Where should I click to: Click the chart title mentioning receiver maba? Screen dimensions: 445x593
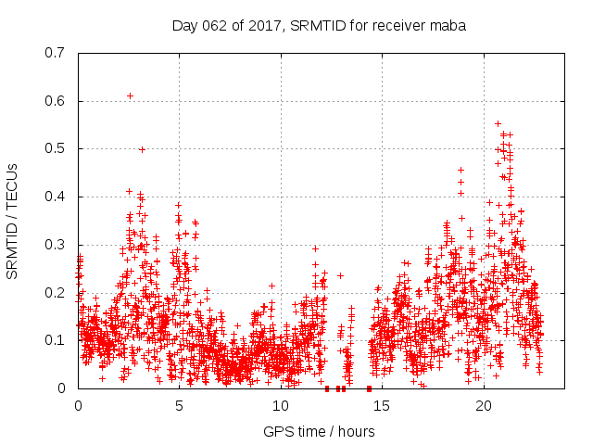click(319, 25)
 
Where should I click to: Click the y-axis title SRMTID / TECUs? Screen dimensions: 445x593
click(13, 221)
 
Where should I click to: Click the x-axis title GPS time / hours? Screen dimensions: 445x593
click(319, 431)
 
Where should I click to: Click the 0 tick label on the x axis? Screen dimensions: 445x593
click(78, 406)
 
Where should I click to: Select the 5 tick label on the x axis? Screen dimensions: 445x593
click(179, 406)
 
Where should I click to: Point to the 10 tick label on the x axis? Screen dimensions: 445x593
click(281, 406)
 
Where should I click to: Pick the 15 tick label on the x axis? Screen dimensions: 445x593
click(382, 406)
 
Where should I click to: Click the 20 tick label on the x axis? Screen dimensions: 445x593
click(484, 406)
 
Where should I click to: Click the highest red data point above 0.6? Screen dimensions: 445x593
click(130, 95)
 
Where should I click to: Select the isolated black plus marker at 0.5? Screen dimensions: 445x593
click(142, 149)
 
